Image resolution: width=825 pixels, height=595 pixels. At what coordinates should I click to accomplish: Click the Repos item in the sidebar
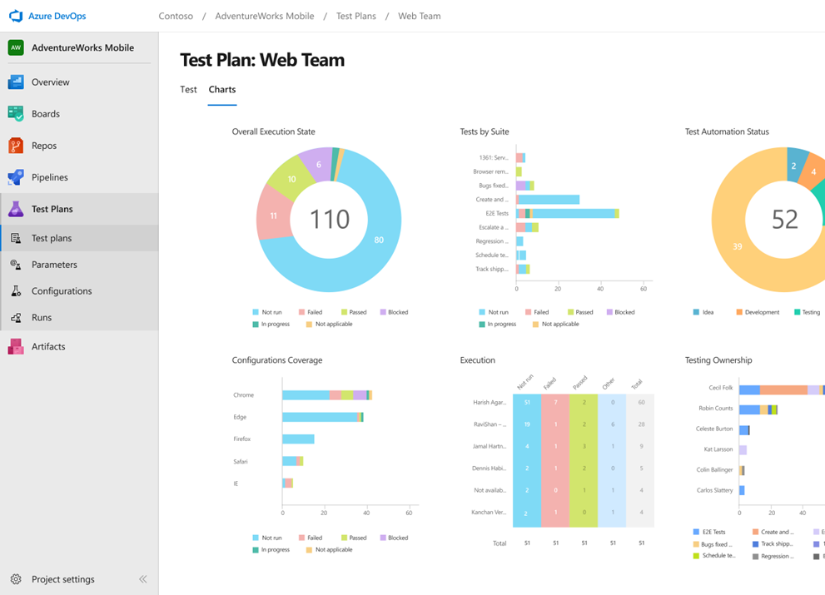tap(43, 146)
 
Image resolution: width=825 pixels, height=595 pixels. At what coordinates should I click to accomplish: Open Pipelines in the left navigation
tap(49, 177)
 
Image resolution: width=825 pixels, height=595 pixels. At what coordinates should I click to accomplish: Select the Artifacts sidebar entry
tap(47, 346)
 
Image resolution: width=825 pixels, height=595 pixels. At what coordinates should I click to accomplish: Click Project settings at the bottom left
tap(62, 579)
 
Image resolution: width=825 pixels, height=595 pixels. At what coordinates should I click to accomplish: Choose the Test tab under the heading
tap(189, 89)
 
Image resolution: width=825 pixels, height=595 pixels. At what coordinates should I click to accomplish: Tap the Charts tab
tap(222, 89)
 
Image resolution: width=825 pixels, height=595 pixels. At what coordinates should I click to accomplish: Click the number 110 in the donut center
tap(330, 219)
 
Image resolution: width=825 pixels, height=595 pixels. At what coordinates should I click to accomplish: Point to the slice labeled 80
tap(379, 240)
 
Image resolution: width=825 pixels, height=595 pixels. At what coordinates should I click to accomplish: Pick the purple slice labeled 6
tap(318, 164)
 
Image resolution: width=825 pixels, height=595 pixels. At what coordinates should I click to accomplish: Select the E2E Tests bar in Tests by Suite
tap(566, 214)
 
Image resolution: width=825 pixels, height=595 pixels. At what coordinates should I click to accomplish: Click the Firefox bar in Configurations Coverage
tap(298, 439)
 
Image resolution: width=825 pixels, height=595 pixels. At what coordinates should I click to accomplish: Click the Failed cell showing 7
tap(555, 403)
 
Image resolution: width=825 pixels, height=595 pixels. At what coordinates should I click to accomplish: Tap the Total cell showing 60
tap(640, 403)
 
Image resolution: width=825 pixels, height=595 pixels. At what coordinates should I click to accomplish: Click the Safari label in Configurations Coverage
tap(241, 461)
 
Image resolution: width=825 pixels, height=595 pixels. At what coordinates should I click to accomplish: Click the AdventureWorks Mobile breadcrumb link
tap(264, 16)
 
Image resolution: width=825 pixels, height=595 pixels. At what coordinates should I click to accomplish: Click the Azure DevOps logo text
tap(57, 16)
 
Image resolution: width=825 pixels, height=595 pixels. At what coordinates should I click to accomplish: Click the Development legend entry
tap(762, 312)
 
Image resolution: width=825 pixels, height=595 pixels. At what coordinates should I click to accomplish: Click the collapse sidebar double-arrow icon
tap(142, 579)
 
